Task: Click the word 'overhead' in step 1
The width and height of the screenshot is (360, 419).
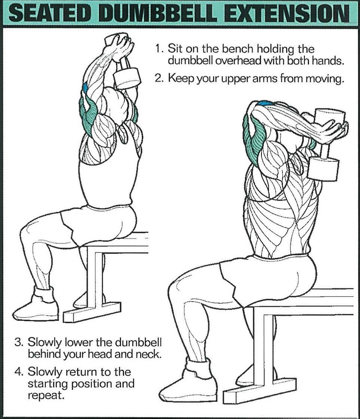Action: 238,61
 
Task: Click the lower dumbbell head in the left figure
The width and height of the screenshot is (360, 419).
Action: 127,78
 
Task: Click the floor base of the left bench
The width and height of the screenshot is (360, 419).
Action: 92,313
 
